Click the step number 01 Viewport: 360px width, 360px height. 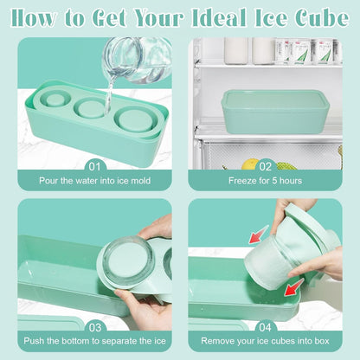[x=94, y=167]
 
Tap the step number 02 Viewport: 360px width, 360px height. [x=265, y=167]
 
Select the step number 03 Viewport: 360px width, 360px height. [x=95, y=328]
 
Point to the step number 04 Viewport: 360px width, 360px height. [x=265, y=327]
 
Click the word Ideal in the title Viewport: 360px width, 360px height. [x=218, y=18]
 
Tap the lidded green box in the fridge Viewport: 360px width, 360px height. [x=275, y=112]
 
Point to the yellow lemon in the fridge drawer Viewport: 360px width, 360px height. [x=250, y=164]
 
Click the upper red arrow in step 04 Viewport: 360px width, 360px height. [x=259, y=234]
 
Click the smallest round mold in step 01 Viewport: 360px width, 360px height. [x=55, y=99]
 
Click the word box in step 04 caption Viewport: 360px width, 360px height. [x=322, y=341]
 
